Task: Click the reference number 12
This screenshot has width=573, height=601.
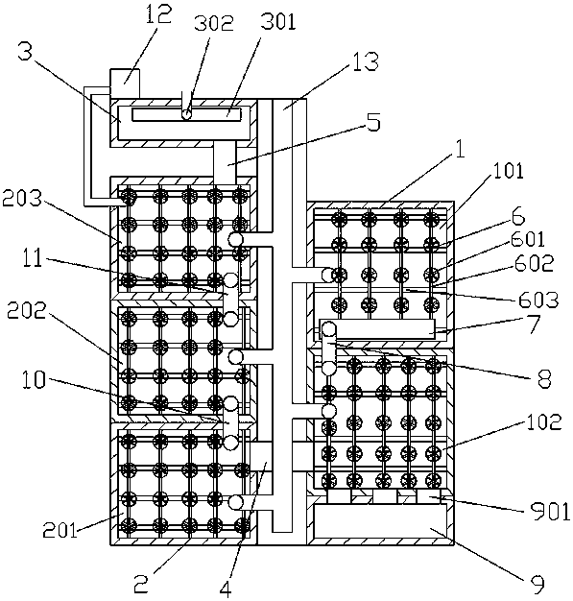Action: coord(158,13)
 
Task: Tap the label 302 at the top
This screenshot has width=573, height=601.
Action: coord(213,23)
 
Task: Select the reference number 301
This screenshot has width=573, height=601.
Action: coord(278,22)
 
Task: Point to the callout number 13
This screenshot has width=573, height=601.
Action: coord(366,60)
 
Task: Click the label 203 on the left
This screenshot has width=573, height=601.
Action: coord(22,199)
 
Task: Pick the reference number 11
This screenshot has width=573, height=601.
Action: coord(33,258)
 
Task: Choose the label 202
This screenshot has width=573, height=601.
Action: coord(27,311)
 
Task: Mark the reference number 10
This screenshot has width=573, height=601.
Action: coord(35,380)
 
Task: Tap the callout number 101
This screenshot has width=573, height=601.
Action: coord(509,170)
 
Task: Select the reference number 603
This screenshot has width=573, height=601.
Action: coord(538,300)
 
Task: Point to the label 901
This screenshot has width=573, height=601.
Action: coord(550,512)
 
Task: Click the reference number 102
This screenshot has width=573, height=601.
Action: coord(543,421)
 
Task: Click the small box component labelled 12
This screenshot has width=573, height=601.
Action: coord(125,84)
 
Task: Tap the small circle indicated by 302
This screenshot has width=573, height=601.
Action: coord(186,114)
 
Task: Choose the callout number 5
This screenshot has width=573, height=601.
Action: coord(373,122)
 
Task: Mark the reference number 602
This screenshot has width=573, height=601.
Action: coord(535,262)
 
